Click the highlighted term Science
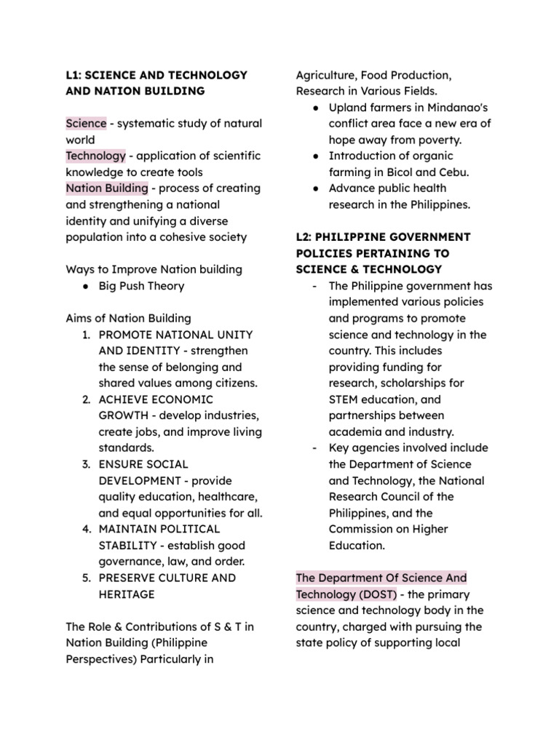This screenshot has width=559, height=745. pyautogui.click(x=86, y=124)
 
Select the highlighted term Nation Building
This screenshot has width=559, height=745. pyautogui.click(x=106, y=188)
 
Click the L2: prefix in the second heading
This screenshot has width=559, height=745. pyautogui.click(x=304, y=237)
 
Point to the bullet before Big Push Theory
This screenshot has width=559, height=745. pyautogui.click(x=85, y=286)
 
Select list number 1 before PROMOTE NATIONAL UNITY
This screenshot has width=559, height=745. pyautogui.click(x=85, y=335)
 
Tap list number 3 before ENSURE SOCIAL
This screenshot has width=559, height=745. pyautogui.click(x=85, y=464)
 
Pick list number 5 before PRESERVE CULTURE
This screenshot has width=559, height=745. pyautogui.click(x=85, y=578)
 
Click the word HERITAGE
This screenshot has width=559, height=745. pyautogui.click(x=127, y=594)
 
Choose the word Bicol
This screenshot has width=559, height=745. pyautogui.click(x=390, y=172)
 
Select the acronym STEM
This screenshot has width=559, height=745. pyautogui.click(x=346, y=399)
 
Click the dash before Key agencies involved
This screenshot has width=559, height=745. pyautogui.click(x=313, y=448)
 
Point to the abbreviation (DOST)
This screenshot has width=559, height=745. pyautogui.click(x=370, y=594)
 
